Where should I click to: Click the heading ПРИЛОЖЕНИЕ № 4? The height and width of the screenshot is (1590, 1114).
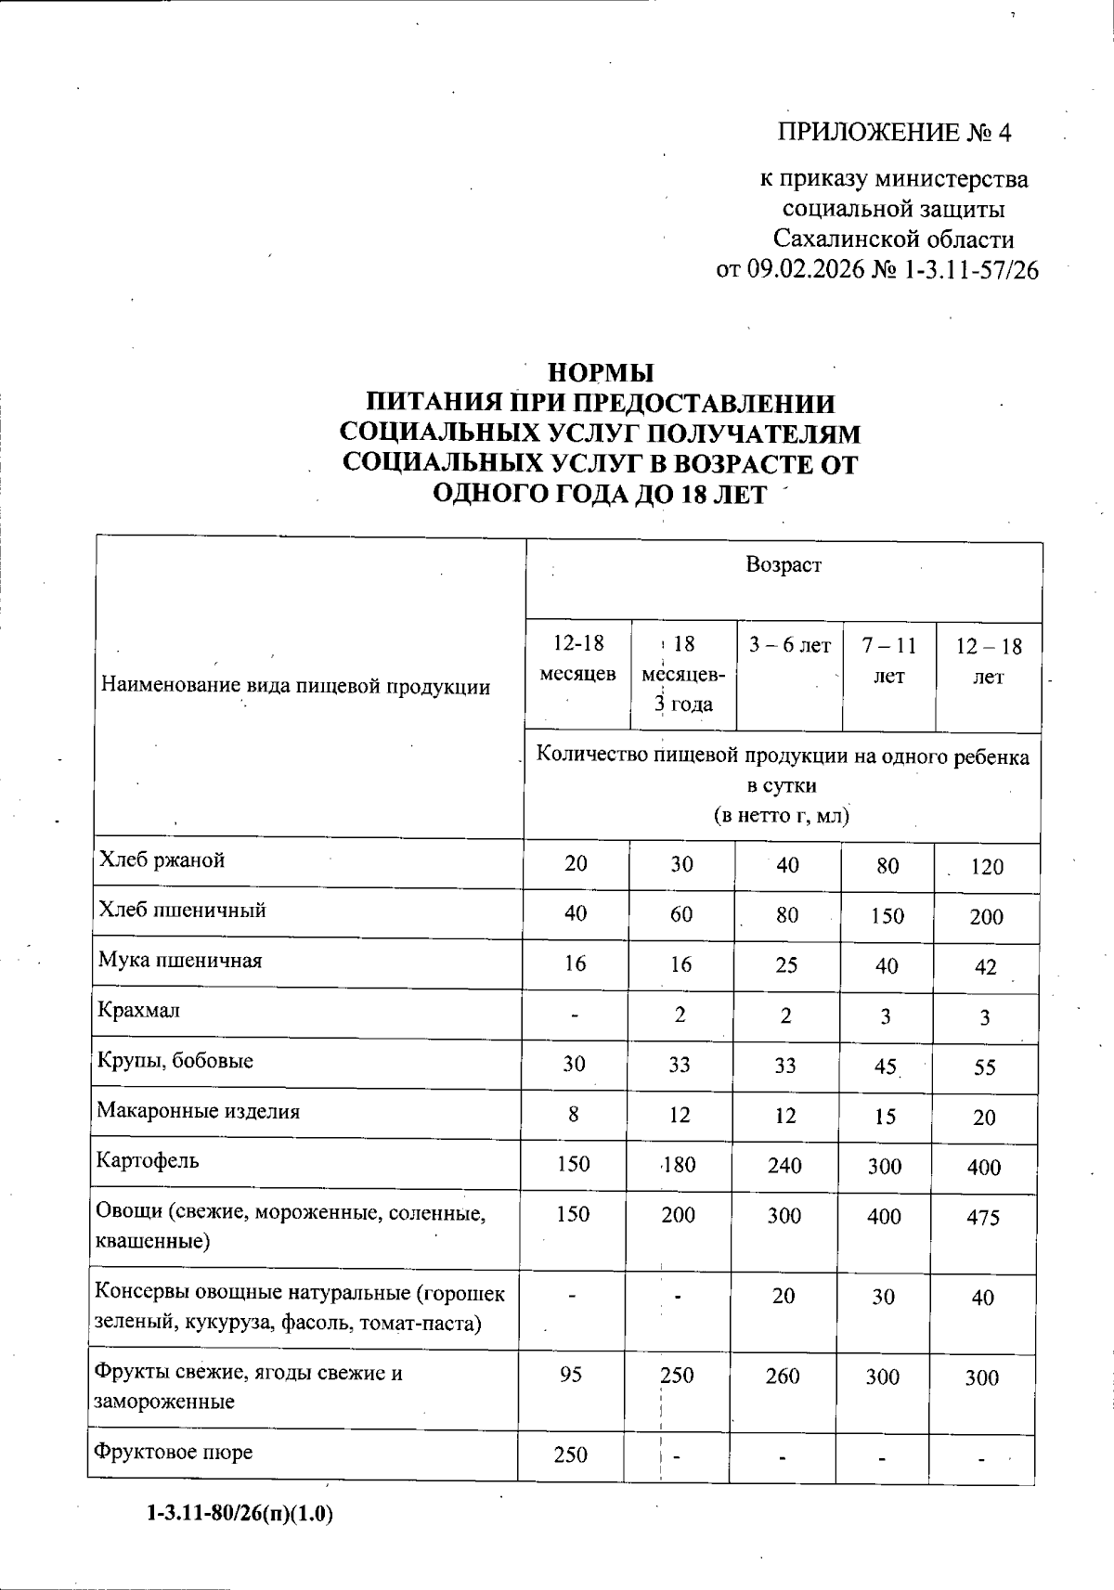894,133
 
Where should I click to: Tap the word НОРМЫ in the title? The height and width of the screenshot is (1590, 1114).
602,373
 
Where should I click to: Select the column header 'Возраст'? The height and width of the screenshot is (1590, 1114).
784,564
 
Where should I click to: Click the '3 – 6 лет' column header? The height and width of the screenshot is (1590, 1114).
790,645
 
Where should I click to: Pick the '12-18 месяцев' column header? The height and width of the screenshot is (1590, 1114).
577,659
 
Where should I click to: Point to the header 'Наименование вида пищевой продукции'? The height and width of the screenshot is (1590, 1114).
295,687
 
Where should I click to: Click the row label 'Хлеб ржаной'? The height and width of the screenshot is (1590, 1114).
162,860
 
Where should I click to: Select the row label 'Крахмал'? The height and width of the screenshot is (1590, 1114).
139,1011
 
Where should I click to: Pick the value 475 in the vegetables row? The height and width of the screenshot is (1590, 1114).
983,1218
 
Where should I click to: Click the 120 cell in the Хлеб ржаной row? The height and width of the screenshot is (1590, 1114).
987,867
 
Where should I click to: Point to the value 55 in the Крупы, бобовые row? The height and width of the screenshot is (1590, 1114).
985,1067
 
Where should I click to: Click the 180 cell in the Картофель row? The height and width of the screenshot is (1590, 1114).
679,1165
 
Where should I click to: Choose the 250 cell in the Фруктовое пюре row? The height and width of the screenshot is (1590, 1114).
570,1454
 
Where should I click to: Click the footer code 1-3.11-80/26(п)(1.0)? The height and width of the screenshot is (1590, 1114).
240,1515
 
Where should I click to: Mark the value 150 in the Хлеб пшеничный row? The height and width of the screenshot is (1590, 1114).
887,916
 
